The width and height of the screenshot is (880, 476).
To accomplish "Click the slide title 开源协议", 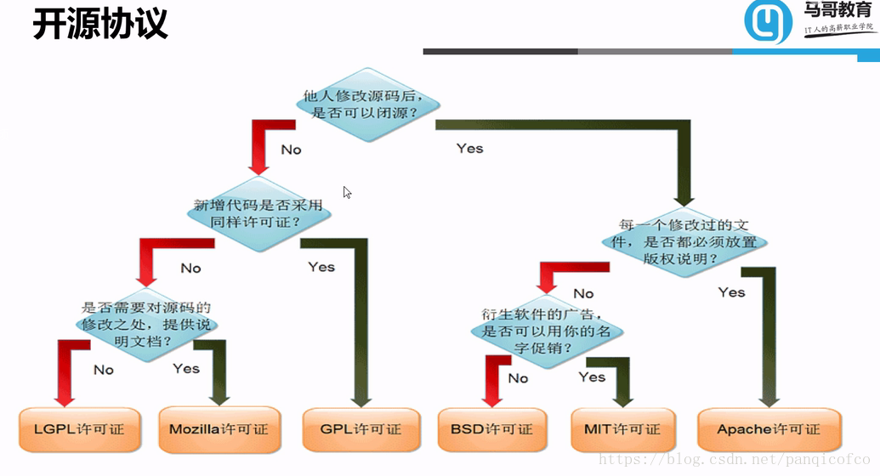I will [99, 24].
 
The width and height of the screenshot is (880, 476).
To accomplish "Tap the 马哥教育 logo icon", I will [768, 23].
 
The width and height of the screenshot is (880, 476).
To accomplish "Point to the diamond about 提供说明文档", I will [146, 324].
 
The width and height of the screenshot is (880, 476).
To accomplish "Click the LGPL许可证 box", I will [78, 429].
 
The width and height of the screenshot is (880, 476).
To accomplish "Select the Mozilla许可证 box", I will [219, 429].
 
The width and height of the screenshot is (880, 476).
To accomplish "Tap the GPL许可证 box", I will [361, 429].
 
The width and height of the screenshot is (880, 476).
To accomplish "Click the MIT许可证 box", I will [622, 429].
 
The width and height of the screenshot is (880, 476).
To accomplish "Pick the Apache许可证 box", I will [769, 429].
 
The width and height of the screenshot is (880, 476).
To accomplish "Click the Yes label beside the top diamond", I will [469, 148].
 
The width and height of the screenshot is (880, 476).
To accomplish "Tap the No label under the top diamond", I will [291, 150].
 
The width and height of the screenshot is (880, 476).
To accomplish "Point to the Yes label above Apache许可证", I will [731, 292].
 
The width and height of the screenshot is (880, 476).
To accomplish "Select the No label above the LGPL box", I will [104, 370].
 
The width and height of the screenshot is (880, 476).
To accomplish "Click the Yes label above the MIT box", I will [592, 377].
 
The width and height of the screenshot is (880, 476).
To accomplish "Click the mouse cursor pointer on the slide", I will [347, 192].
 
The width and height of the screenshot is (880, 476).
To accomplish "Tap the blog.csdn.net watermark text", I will [736, 460].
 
